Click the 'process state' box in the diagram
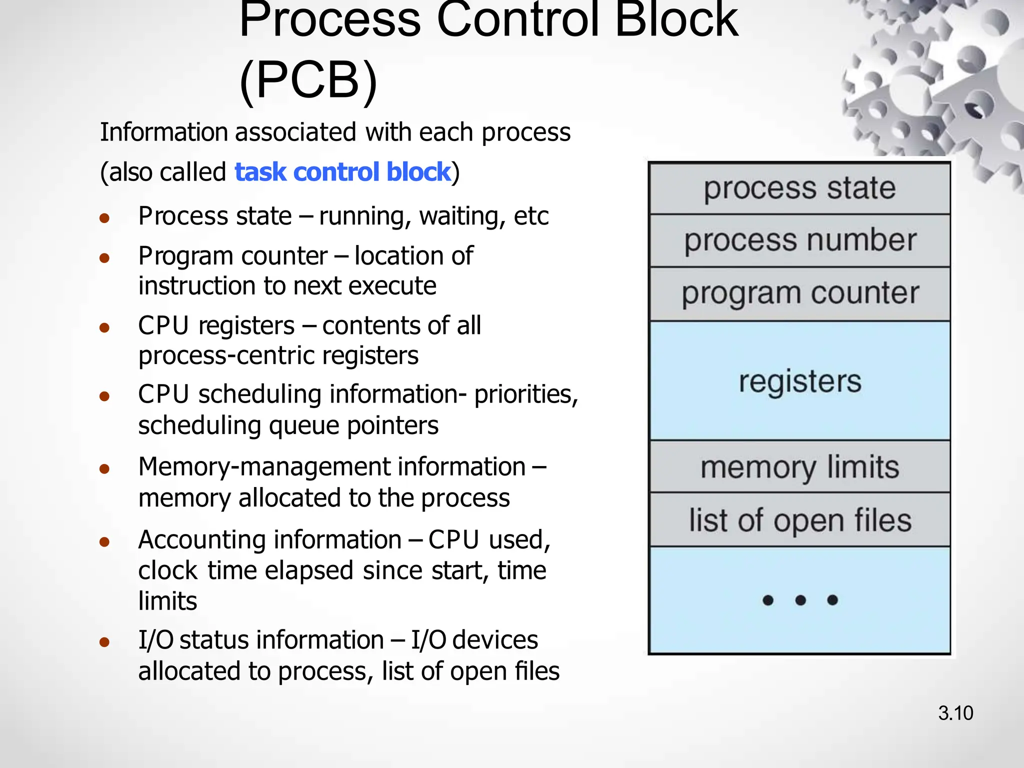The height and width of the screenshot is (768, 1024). click(x=799, y=188)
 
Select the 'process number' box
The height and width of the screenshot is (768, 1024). click(x=799, y=240)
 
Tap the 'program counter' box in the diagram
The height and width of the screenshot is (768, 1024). click(x=799, y=293)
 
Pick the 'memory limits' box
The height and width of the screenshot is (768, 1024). click(x=799, y=467)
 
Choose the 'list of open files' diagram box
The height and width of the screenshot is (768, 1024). click(x=799, y=520)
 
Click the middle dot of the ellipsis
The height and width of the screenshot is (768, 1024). click(x=800, y=600)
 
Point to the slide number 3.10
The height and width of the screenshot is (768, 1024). click(x=955, y=713)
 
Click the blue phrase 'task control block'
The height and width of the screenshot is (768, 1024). click(x=342, y=172)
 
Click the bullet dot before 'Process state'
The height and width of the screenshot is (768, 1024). click(x=104, y=218)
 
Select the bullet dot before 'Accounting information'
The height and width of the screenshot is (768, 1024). click(x=104, y=542)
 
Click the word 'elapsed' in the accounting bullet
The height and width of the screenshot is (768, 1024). click(x=309, y=570)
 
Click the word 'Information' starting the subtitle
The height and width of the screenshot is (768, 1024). click(x=164, y=132)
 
